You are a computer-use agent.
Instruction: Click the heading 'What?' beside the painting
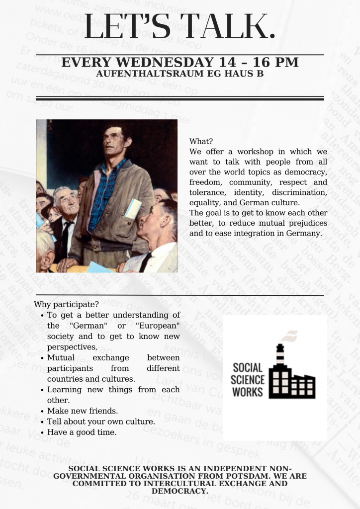pos(201,141)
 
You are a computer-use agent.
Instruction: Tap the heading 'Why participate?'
pos(66,304)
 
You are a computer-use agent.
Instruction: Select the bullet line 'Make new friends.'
pos(82,411)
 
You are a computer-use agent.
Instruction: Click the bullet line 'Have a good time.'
pos(82,432)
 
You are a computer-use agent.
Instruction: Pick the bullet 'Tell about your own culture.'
pos(100,422)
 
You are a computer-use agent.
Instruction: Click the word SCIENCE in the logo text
pos(248,379)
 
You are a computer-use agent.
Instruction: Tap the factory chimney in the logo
pos(280,354)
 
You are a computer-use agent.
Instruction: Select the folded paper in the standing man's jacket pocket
pos(132,209)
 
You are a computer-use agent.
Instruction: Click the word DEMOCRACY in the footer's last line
pos(180,491)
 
